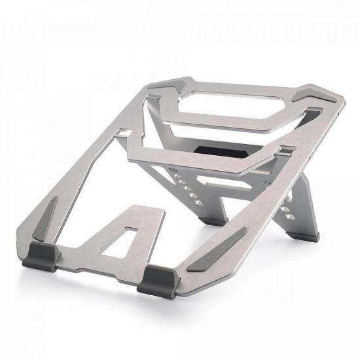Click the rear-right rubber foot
(x=308, y=232)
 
